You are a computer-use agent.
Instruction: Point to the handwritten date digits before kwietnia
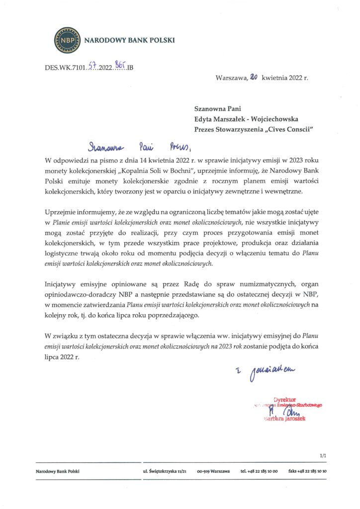pyautogui.click(x=253, y=77)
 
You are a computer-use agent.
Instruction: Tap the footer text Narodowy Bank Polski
pyautogui.click(x=57, y=471)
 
